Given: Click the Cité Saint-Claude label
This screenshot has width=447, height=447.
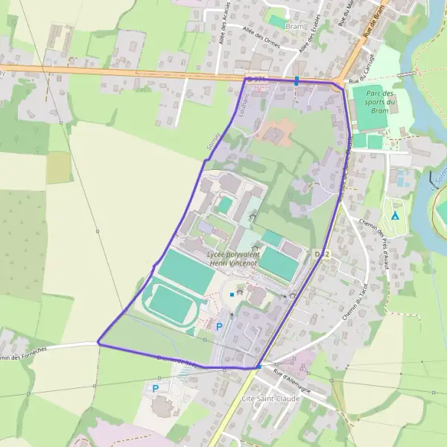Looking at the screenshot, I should (x=271, y=399).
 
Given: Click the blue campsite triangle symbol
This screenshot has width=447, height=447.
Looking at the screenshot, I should (x=395, y=216).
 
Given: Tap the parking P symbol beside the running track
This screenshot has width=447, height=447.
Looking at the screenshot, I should (x=219, y=326).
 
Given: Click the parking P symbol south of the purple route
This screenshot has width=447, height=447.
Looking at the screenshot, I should (x=155, y=388).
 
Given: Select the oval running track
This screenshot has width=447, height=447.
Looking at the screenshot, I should (x=171, y=305).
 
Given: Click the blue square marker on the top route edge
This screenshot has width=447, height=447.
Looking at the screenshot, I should (x=297, y=80).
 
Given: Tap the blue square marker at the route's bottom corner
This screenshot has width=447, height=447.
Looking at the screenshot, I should (x=258, y=367).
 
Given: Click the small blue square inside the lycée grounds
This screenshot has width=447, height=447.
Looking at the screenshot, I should (x=232, y=295).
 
